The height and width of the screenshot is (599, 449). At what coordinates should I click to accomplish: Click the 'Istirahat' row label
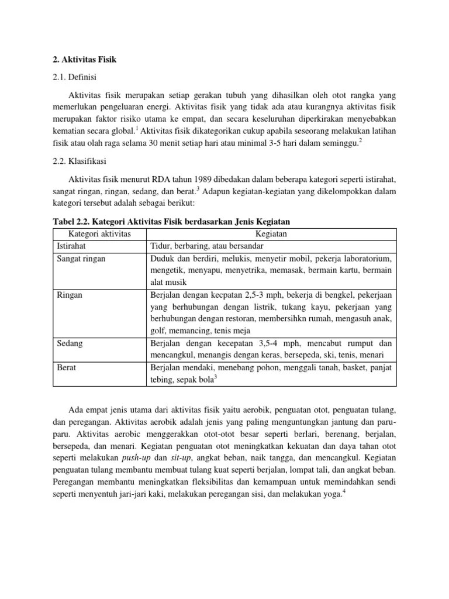pyautogui.click(x=71, y=246)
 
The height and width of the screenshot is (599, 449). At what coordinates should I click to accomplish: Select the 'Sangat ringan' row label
pyautogui.click(x=81, y=258)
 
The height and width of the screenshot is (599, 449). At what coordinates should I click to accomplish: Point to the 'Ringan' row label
pyautogui.click(x=69, y=295)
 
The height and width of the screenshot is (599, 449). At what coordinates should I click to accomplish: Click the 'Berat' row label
pyautogui.click(x=66, y=367)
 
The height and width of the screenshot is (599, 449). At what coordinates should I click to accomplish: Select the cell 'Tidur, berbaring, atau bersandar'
pyautogui.click(x=207, y=246)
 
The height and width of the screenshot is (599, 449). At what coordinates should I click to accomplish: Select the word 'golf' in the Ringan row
pyautogui.click(x=158, y=331)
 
